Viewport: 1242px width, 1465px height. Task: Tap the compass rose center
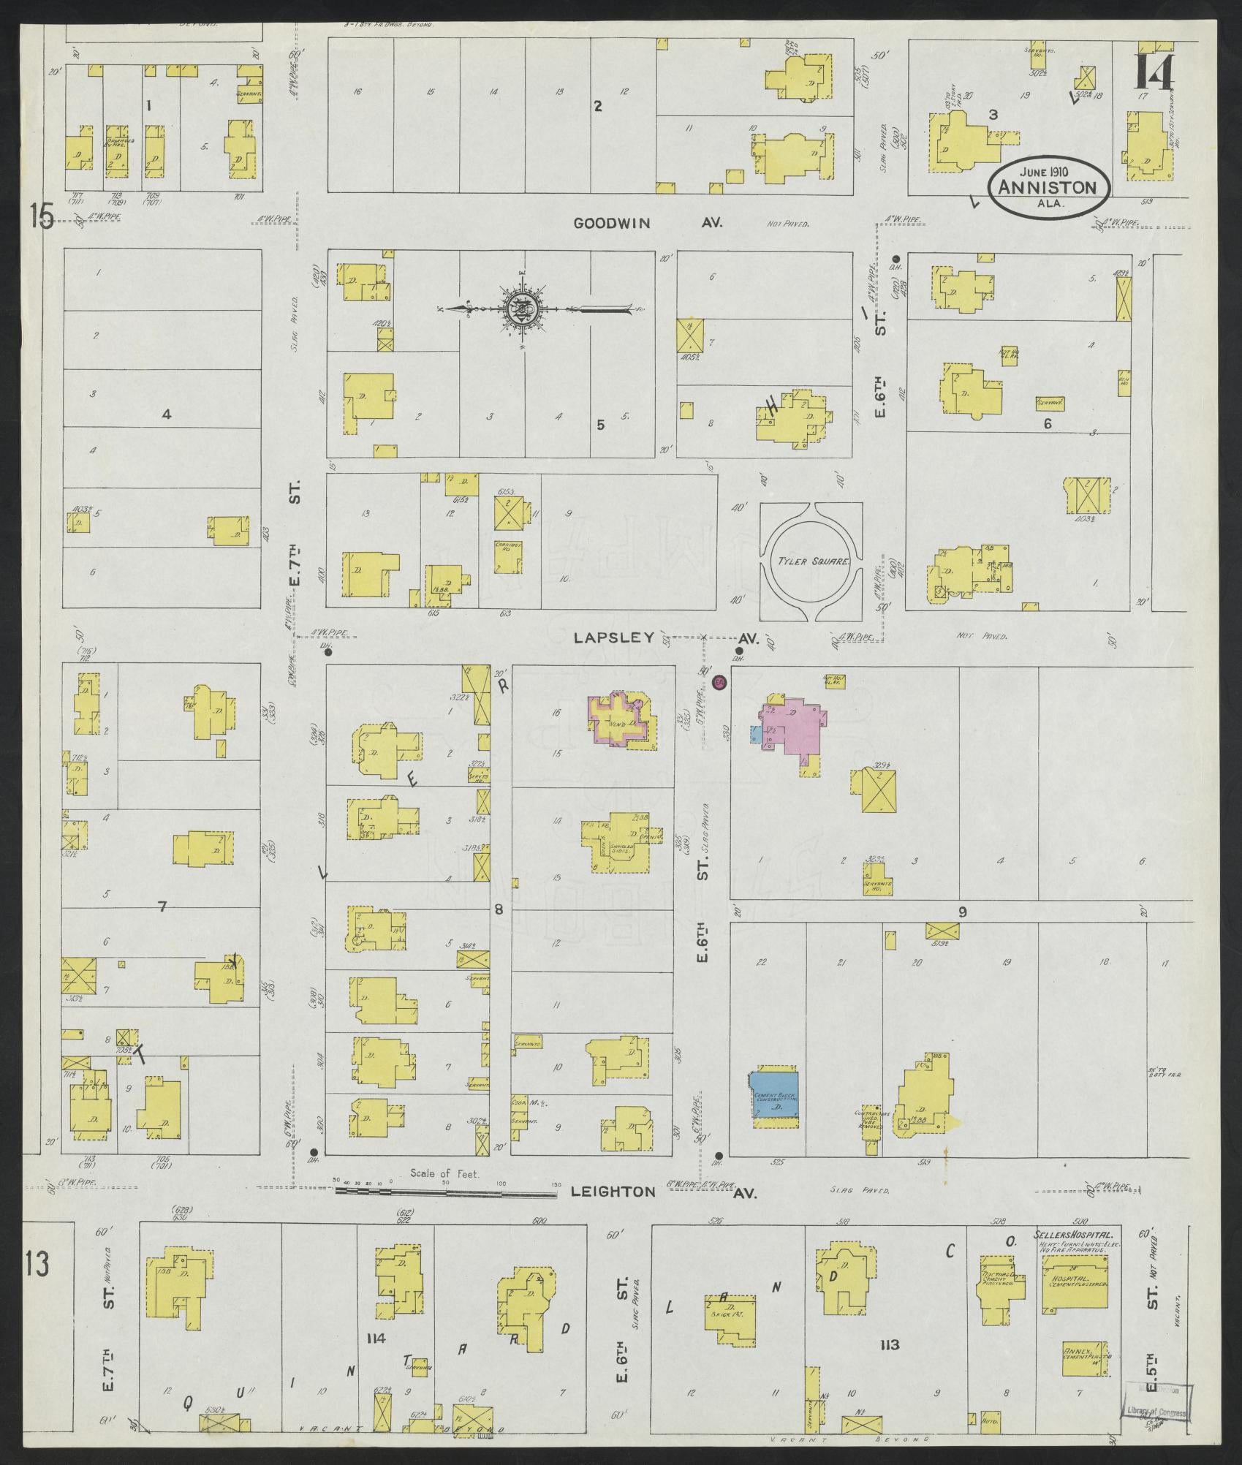tap(524, 309)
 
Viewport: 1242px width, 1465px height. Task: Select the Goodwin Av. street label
tap(648, 224)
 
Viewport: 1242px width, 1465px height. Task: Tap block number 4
tap(166, 414)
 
